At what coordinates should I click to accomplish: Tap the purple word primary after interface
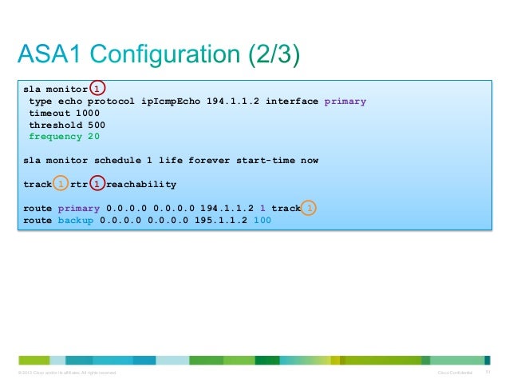pos(345,102)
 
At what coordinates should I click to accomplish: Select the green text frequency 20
pos(65,137)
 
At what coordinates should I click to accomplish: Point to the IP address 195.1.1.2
pos(221,220)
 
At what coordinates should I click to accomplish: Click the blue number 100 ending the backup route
pos(262,220)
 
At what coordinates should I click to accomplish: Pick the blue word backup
pos(76,220)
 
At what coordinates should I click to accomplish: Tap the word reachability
pos(141,185)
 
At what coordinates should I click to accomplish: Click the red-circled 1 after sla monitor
pos(97,89)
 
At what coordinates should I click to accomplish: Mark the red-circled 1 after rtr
pos(97,185)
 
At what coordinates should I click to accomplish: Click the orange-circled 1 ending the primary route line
pos(310,209)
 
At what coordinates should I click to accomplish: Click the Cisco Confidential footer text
pos(455,373)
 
